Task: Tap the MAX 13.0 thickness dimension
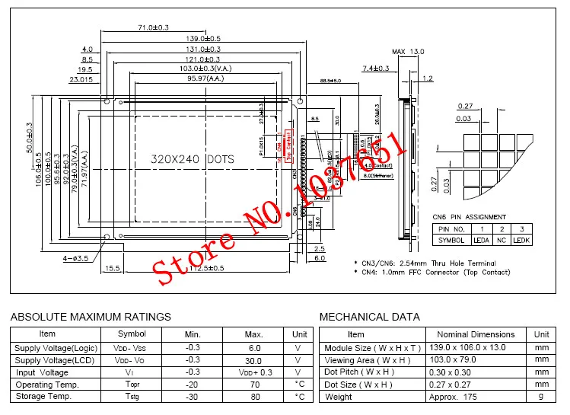[x=409, y=52]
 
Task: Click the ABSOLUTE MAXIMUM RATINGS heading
[x=91, y=317]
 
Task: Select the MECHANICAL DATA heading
[x=369, y=317]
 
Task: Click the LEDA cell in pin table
[x=481, y=240]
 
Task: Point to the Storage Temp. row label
[x=43, y=396]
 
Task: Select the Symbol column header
[x=132, y=334]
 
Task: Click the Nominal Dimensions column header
[x=476, y=334]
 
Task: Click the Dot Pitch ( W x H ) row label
[x=359, y=372]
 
